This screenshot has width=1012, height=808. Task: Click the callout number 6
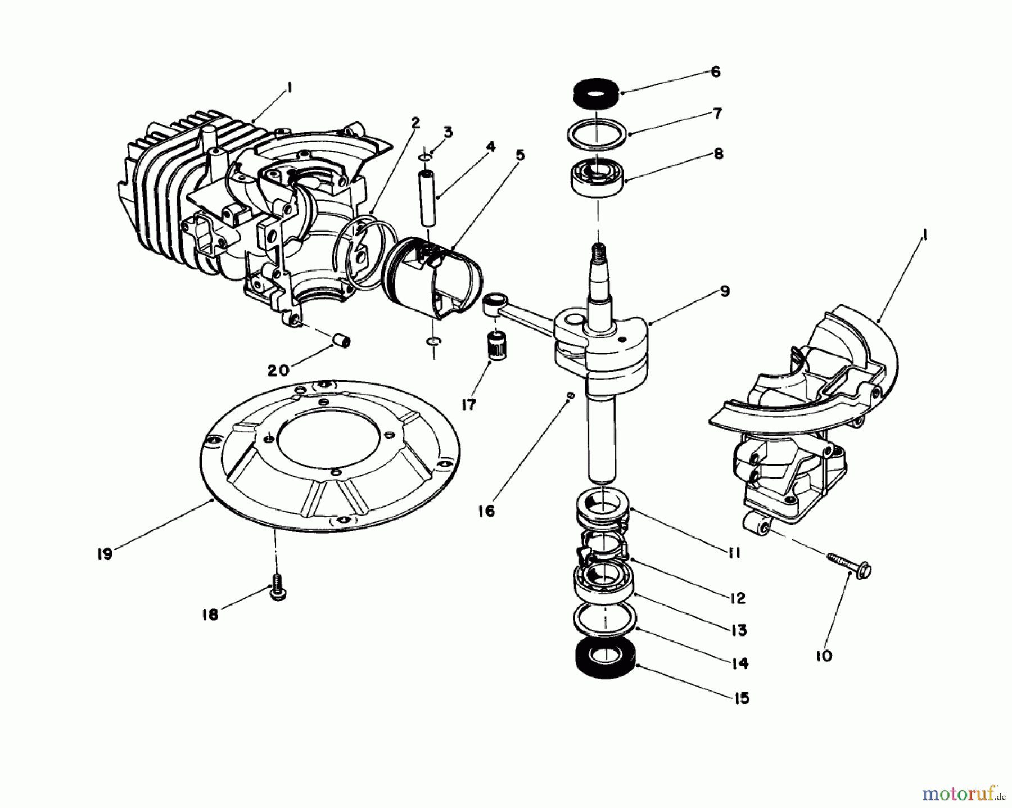point(715,72)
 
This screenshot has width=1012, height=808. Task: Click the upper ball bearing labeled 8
point(596,174)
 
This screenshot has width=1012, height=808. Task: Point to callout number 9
point(724,291)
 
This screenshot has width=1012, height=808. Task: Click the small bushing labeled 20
point(341,341)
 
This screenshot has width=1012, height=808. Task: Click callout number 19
point(104,554)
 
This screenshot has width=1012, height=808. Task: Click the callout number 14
point(741,663)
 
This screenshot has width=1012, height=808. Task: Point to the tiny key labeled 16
point(570,396)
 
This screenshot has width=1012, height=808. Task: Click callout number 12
point(738,598)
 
